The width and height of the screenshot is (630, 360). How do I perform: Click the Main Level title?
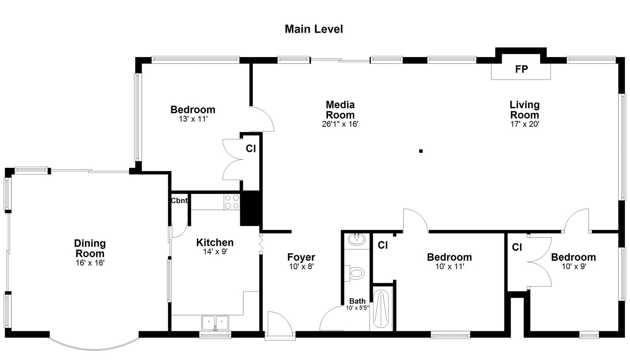click(313, 29)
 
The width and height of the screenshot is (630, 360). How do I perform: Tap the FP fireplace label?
click(521, 69)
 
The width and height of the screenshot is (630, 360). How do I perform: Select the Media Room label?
click(340, 109)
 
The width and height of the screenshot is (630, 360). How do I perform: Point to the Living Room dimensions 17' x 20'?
click(524, 124)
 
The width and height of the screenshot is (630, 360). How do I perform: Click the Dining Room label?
click(90, 249)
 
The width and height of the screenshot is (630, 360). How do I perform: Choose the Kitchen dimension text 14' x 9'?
click(215, 251)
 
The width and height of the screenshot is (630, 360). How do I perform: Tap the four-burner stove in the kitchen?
click(232, 202)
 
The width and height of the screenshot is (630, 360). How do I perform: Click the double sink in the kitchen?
click(215, 323)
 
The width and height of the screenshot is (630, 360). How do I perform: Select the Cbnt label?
click(179, 200)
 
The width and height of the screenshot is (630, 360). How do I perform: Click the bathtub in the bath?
click(381, 308)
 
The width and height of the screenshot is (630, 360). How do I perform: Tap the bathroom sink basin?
click(357, 239)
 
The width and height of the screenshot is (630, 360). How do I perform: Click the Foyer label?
click(301, 257)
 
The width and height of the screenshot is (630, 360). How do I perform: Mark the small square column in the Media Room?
click(421, 151)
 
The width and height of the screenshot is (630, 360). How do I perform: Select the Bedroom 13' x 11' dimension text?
click(193, 119)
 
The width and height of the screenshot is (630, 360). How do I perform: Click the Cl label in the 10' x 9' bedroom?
click(517, 247)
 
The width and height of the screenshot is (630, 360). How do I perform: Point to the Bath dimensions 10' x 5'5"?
click(357, 308)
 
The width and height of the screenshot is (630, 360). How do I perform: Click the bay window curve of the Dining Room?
click(94, 347)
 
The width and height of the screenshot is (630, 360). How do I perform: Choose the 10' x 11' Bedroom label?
click(449, 257)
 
